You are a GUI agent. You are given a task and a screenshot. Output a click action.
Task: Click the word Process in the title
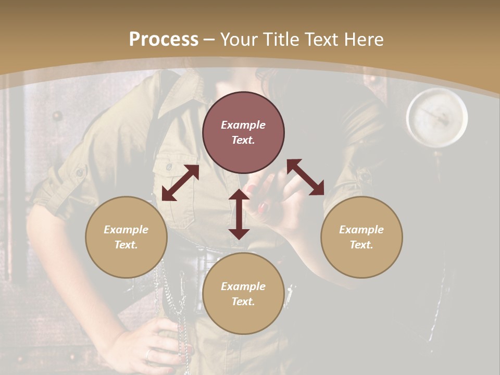[164, 40]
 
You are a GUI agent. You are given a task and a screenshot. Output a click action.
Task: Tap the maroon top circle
[243, 133]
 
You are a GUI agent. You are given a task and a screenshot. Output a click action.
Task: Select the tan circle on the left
[126, 237]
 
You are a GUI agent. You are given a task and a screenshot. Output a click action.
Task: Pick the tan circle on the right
[361, 237]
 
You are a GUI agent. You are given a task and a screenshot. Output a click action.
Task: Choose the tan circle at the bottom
[243, 293]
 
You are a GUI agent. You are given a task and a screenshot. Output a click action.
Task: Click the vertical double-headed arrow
[239, 214]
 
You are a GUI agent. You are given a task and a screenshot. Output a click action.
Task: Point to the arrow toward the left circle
[180, 183]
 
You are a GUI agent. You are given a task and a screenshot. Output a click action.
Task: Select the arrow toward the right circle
[306, 177]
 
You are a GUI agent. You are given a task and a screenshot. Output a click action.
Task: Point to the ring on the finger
[148, 354]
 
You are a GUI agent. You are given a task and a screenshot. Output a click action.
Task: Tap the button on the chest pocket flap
[169, 167]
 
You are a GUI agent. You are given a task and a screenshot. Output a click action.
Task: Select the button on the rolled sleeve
[80, 172]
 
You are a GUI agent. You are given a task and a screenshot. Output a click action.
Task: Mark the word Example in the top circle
[243, 125]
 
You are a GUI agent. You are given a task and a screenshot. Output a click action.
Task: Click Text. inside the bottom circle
[243, 302]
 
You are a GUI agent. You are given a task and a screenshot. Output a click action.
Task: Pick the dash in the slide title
[209, 40]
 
